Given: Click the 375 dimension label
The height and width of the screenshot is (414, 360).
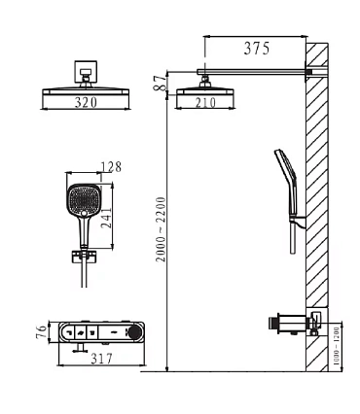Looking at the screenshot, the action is point(257,49).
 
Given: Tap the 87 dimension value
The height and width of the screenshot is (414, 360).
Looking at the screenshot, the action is point(161,83).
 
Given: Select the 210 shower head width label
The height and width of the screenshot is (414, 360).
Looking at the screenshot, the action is point(205,102).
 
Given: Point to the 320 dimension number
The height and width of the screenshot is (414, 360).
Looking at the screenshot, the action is point(86,102).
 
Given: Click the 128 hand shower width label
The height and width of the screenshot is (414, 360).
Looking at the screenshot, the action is point(111,167).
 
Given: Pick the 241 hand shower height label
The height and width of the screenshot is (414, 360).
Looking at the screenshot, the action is point(106,218).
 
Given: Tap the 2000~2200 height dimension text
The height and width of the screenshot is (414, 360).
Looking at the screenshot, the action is point(161,229).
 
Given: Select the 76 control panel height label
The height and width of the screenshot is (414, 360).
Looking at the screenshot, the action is point(42,331).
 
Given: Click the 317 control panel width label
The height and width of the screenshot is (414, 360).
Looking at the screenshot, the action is point(101,359).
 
